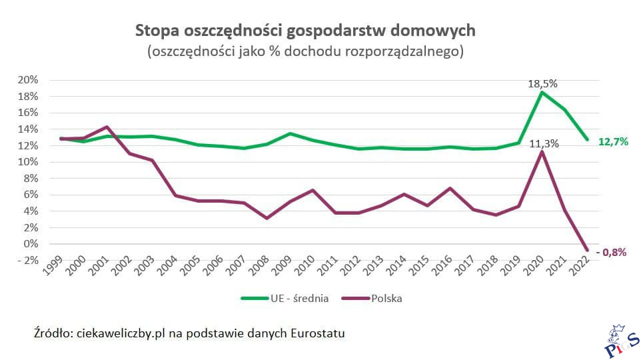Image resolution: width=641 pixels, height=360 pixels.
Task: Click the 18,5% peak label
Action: (x=542, y=84)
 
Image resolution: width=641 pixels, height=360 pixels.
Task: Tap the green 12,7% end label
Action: (x=613, y=141)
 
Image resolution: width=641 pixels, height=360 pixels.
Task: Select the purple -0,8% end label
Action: (x=611, y=252)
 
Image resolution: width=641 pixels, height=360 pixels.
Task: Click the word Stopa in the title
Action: (x=157, y=30)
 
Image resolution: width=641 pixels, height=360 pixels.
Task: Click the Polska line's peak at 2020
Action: (x=542, y=152)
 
